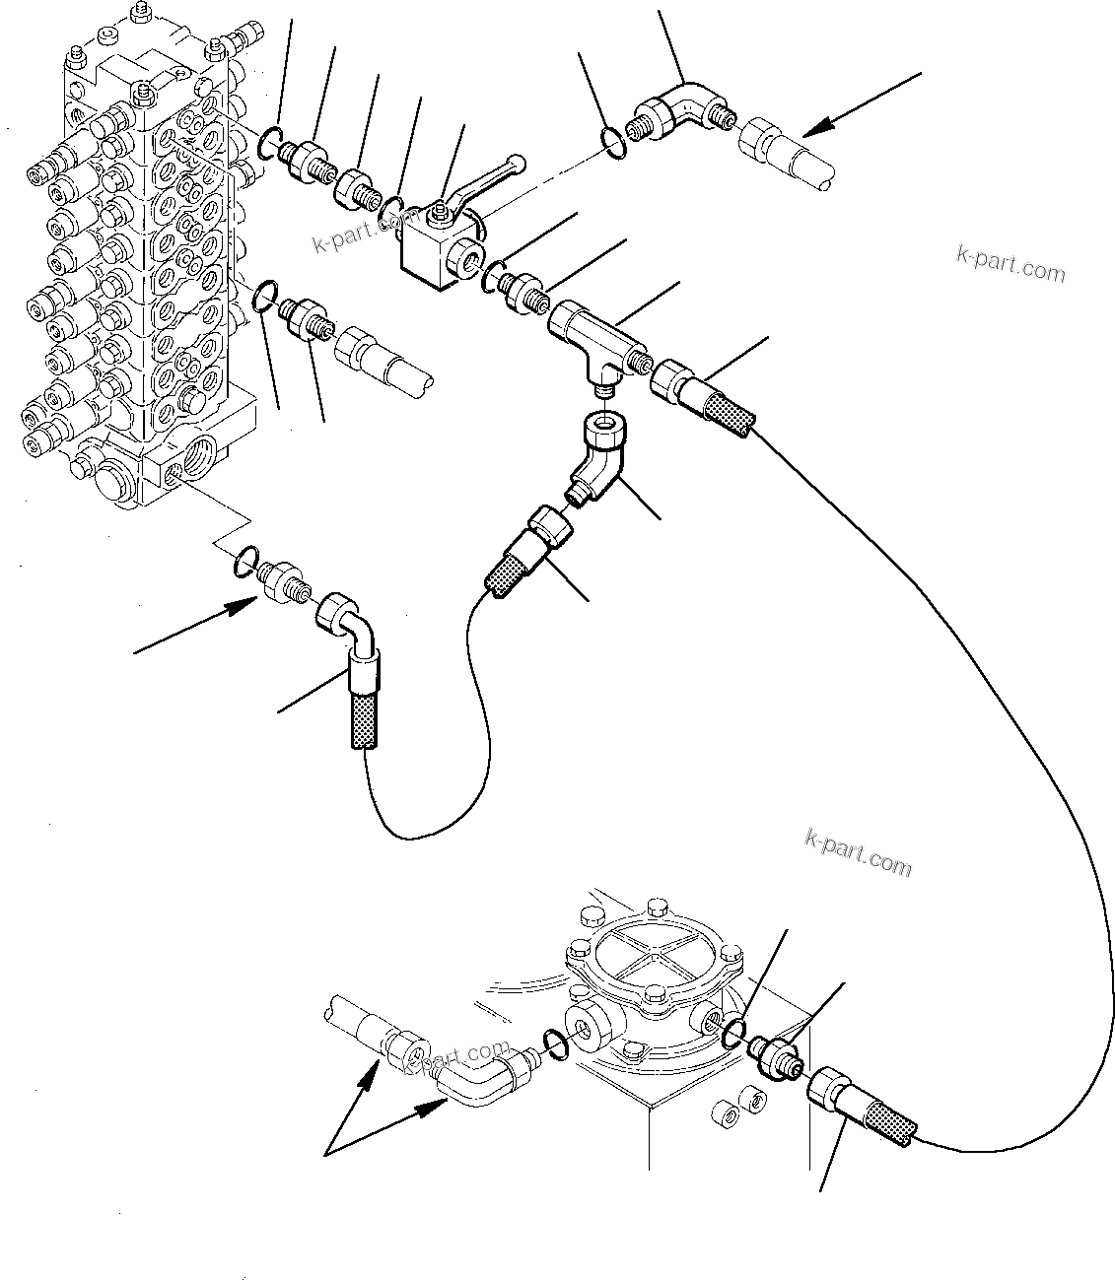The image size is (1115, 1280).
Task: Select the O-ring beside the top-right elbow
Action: [x=614, y=141]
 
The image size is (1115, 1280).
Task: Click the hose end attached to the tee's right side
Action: [x=700, y=394]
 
